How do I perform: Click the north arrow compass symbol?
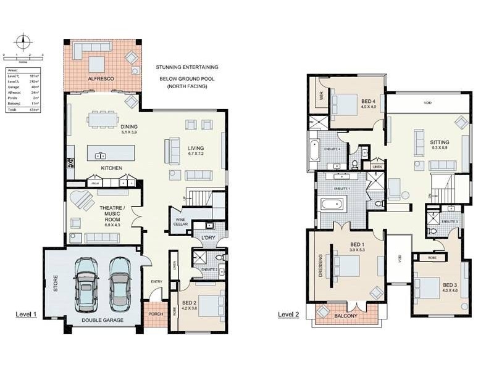click(x=23, y=43)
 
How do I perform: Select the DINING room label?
click(x=128, y=127)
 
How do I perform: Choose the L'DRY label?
click(x=207, y=237)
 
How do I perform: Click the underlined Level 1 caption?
click(x=27, y=314)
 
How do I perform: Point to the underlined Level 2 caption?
click(x=288, y=314)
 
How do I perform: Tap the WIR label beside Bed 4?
click(x=321, y=96)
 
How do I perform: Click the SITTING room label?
click(x=440, y=142)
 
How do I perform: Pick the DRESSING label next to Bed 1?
click(x=320, y=265)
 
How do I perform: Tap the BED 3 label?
click(x=449, y=285)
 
